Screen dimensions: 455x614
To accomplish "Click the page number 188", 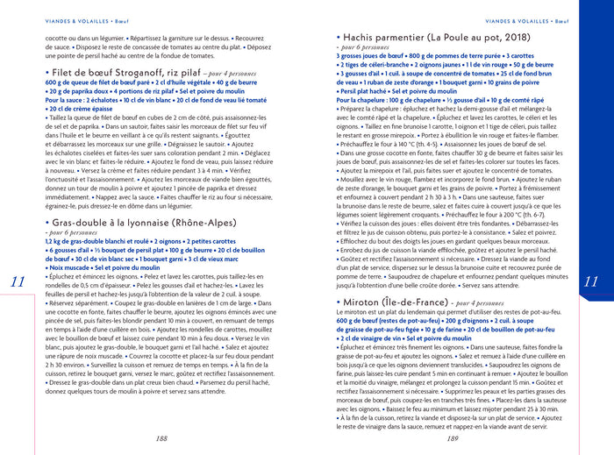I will pos(161,438).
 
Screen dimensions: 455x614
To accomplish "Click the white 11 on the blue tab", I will pos(589,281).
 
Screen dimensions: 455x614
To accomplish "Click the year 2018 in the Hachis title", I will pos(511,38).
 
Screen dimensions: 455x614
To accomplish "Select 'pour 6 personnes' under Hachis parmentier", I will pos(365,47).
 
